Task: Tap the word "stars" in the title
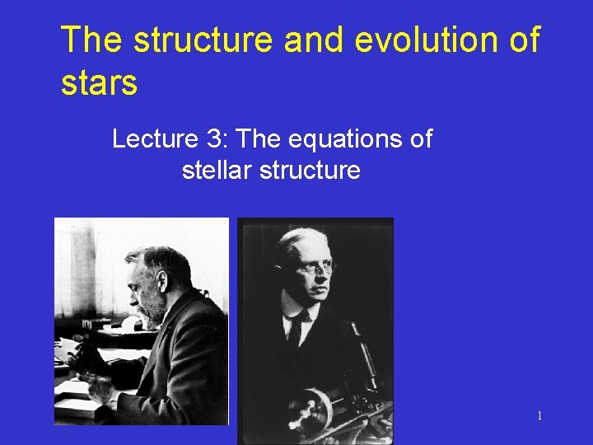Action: click(99, 82)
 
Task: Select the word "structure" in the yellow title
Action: click(202, 40)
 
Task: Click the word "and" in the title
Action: click(307, 40)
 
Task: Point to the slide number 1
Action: click(539, 415)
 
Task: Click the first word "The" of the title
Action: click(90, 40)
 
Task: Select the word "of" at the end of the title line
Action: click(522, 40)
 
